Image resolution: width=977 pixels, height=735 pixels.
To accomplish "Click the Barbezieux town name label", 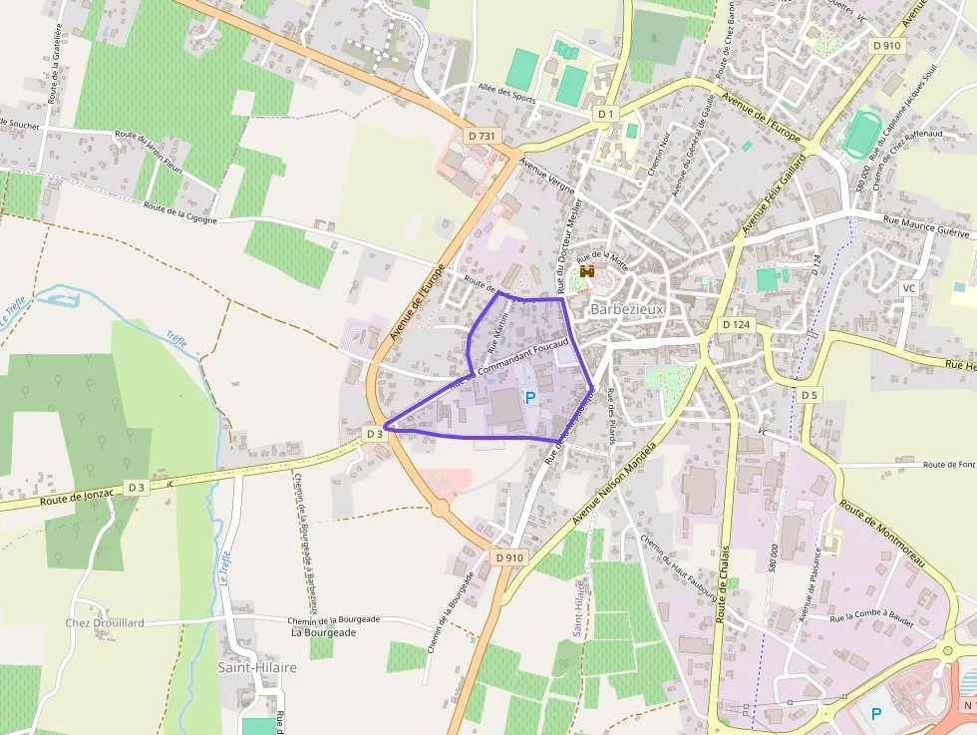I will pyautogui.click(x=626, y=309).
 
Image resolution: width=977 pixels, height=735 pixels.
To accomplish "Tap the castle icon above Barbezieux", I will pyautogui.click(x=587, y=271).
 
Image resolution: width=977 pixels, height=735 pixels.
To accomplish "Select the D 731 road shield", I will pyautogui.click(x=482, y=136).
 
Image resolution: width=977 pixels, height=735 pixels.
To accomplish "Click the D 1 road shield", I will pyautogui.click(x=606, y=115).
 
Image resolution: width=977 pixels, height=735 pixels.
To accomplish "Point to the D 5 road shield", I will pyautogui.click(x=809, y=396).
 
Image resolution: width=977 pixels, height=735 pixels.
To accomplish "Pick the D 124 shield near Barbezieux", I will pyautogui.click(x=736, y=325).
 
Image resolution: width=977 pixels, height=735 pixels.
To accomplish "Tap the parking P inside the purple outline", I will pyautogui.click(x=530, y=398).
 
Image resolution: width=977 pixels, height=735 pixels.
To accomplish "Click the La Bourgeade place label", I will pyautogui.click(x=323, y=632).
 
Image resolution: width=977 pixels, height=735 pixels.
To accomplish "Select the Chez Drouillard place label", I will pyautogui.click(x=105, y=622).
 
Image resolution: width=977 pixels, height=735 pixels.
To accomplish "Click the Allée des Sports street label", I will pyautogui.click(x=507, y=95).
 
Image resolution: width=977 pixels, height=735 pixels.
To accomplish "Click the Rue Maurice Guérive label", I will pyautogui.click(x=925, y=229).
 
